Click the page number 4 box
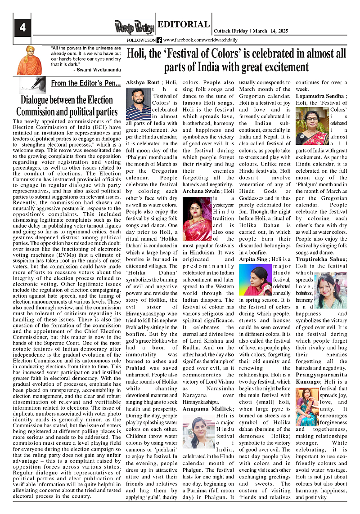pos(22,28)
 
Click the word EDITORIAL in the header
pos(184,25)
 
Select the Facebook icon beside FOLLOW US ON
pos(159,40)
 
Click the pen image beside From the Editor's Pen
pos(33,85)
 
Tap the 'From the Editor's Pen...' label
pos(85,83)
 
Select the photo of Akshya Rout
pos(138,104)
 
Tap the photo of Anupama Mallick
pos(198,434)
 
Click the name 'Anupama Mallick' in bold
pos(202,409)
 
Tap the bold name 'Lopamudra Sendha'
pos(319,96)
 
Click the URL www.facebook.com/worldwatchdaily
pos(202,40)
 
